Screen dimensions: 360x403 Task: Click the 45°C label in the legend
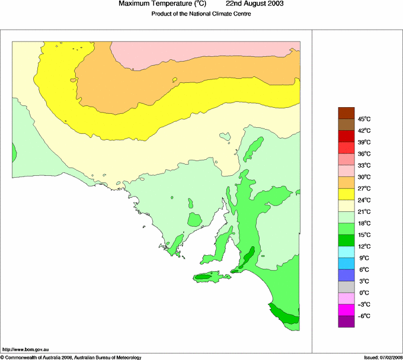tap(363, 118)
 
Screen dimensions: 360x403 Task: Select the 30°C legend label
tap(363, 176)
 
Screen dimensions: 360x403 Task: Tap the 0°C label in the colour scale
tap(363, 292)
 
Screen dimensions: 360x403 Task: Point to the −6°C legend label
tap(363, 316)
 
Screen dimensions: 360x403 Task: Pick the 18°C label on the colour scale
tap(363, 223)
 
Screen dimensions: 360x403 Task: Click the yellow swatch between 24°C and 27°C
tap(346, 194)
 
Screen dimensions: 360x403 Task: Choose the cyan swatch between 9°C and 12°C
tap(346, 252)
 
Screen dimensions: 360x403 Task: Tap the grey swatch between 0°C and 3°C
tap(346, 287)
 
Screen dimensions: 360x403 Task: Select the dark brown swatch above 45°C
tap(346, 112)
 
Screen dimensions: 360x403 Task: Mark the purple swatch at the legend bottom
tap(346, 322)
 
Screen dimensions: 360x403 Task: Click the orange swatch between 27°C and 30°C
tap(346, 182)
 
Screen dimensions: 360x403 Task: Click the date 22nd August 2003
tap(255, 4)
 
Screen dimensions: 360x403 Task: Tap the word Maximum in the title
tap(135, 4)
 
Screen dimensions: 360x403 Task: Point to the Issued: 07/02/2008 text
tap(382, 357)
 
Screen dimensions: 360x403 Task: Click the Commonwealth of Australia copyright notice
tap(71, 357)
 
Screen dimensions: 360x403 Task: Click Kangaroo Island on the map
tap(210, 277)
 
